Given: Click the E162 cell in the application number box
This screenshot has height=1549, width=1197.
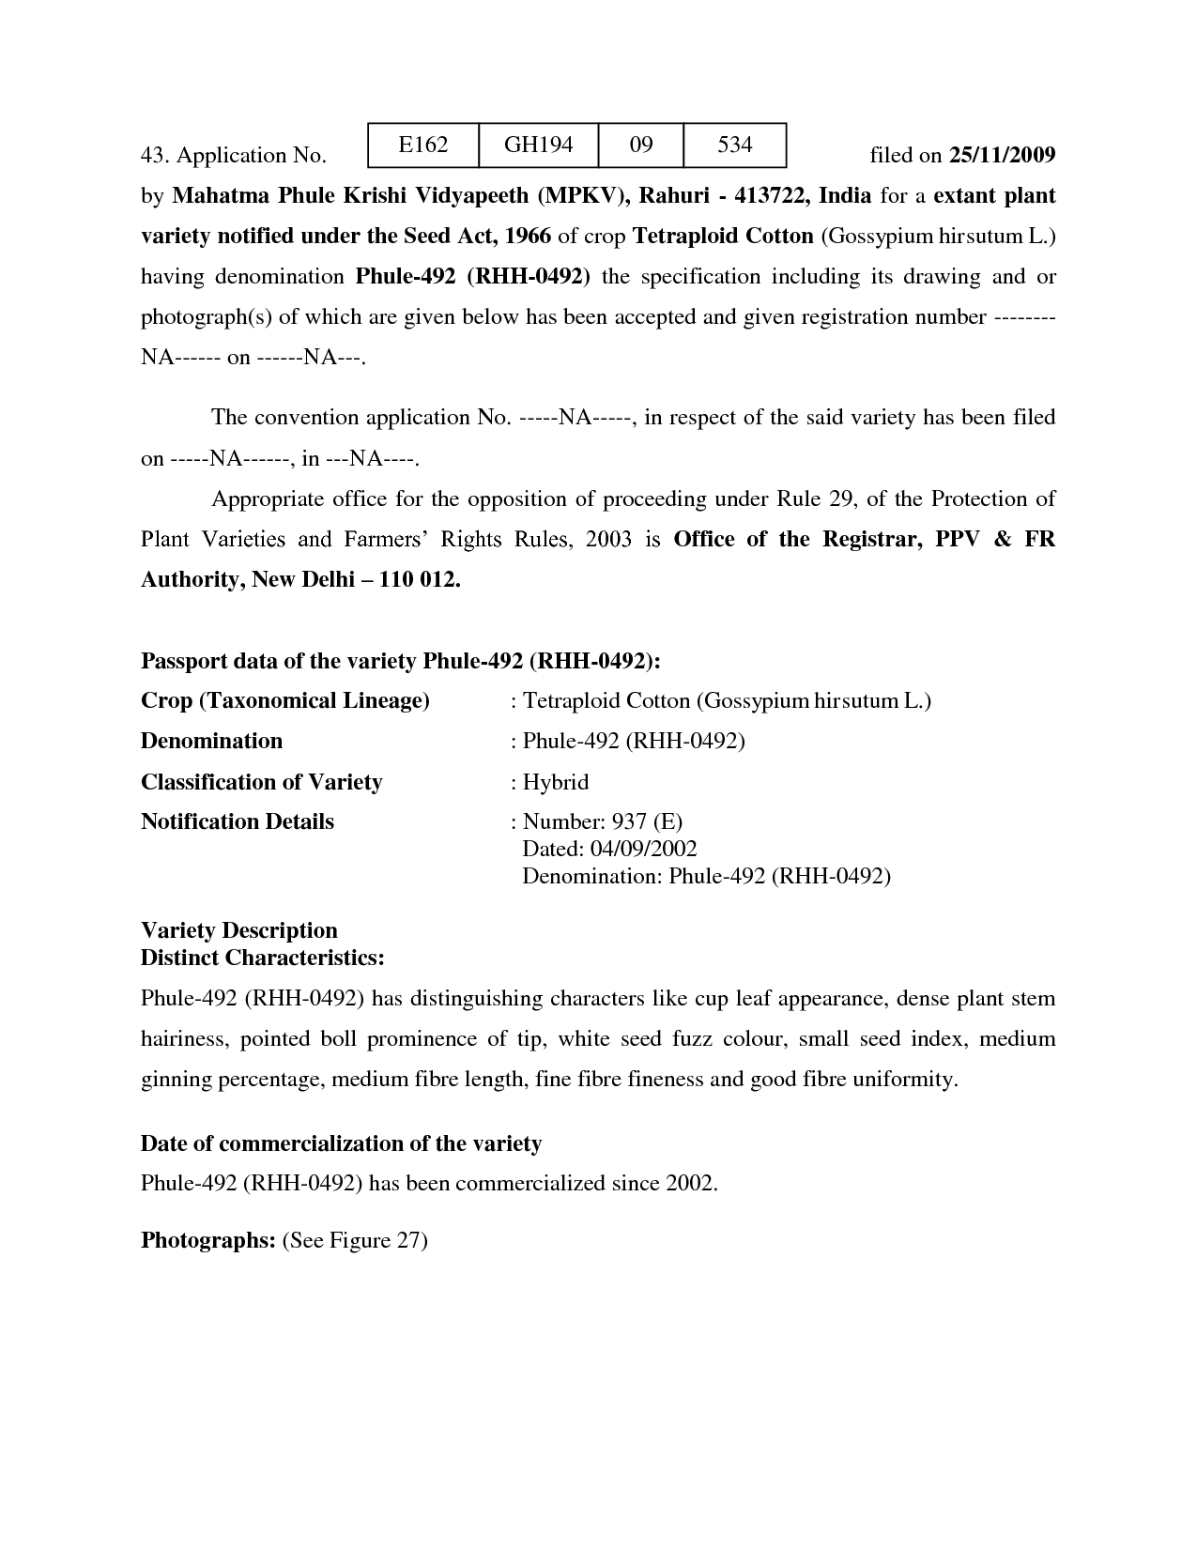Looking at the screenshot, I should pos(422,145).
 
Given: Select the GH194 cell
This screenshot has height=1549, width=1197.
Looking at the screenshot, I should pos(537,145).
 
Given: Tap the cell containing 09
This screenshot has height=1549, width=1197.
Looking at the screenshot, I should pos(640,145).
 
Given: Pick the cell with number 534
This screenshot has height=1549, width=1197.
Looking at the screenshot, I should pos(734,145).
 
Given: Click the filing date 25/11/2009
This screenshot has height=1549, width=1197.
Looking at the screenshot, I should pos(1002,155).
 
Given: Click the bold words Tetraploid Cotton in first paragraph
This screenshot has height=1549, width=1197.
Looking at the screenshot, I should pos(723,236).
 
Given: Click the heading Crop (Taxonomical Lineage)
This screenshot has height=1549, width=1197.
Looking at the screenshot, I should pos(284,701).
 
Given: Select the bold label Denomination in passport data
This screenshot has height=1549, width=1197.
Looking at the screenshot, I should pos(211,741).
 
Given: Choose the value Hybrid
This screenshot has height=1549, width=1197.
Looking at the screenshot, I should pos(555,782).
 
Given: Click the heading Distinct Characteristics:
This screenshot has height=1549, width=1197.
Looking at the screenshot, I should pos(262,959).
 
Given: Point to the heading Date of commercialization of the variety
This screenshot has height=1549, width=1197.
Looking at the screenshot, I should pos(341,1143).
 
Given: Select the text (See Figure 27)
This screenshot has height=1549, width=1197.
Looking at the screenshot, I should pos(355,1241).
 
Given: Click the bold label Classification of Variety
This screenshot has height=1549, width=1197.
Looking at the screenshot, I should pos(261,782).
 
